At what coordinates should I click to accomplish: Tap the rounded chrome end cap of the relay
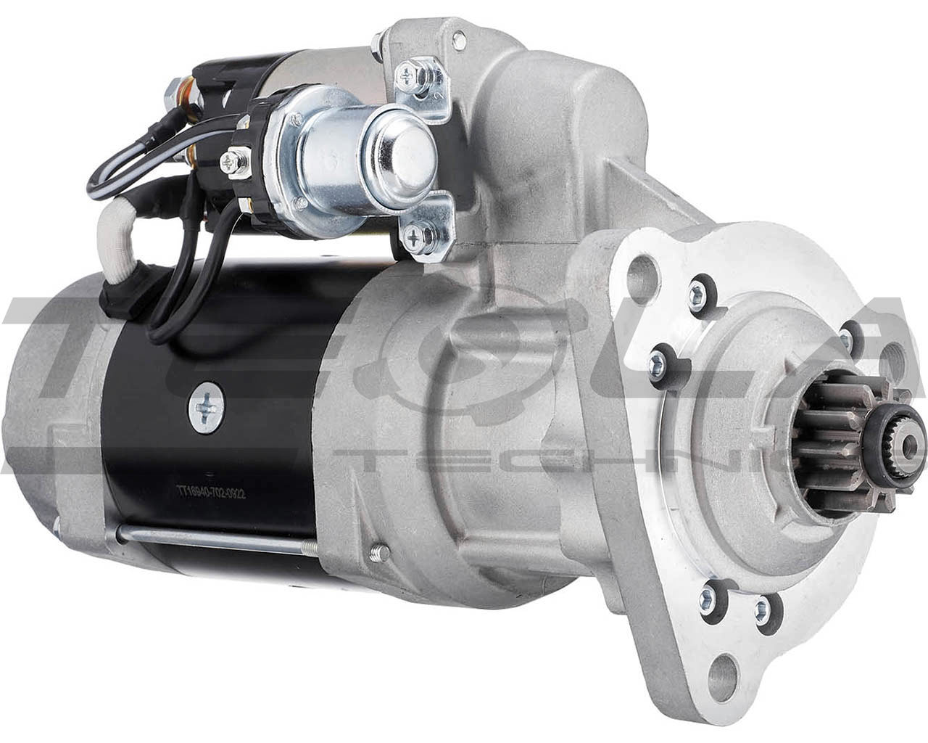tap(406, 142)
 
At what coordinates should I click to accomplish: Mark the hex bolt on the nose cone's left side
tap(659, 358)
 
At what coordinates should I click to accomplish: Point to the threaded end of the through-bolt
tap(377, 554)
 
